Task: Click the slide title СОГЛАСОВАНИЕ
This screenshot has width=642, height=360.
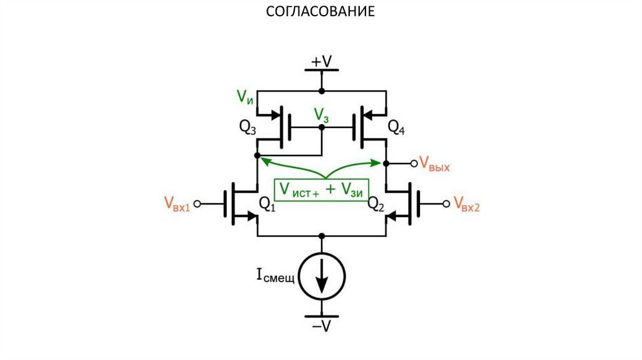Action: (320, 11)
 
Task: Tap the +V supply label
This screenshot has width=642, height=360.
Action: (321, 61)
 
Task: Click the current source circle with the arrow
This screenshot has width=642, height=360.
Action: (321, 276)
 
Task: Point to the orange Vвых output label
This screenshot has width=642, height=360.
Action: (434, 165)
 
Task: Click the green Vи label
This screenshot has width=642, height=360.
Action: (245, 97)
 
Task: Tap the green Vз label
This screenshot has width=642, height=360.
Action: (322, 114)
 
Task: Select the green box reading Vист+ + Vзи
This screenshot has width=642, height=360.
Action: (321, 189)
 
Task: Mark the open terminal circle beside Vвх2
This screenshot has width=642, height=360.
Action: (446, 203)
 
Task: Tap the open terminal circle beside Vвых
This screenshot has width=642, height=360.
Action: (414, 163)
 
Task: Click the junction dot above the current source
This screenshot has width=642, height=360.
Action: (322, 236)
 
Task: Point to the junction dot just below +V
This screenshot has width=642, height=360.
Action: (322, 91)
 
